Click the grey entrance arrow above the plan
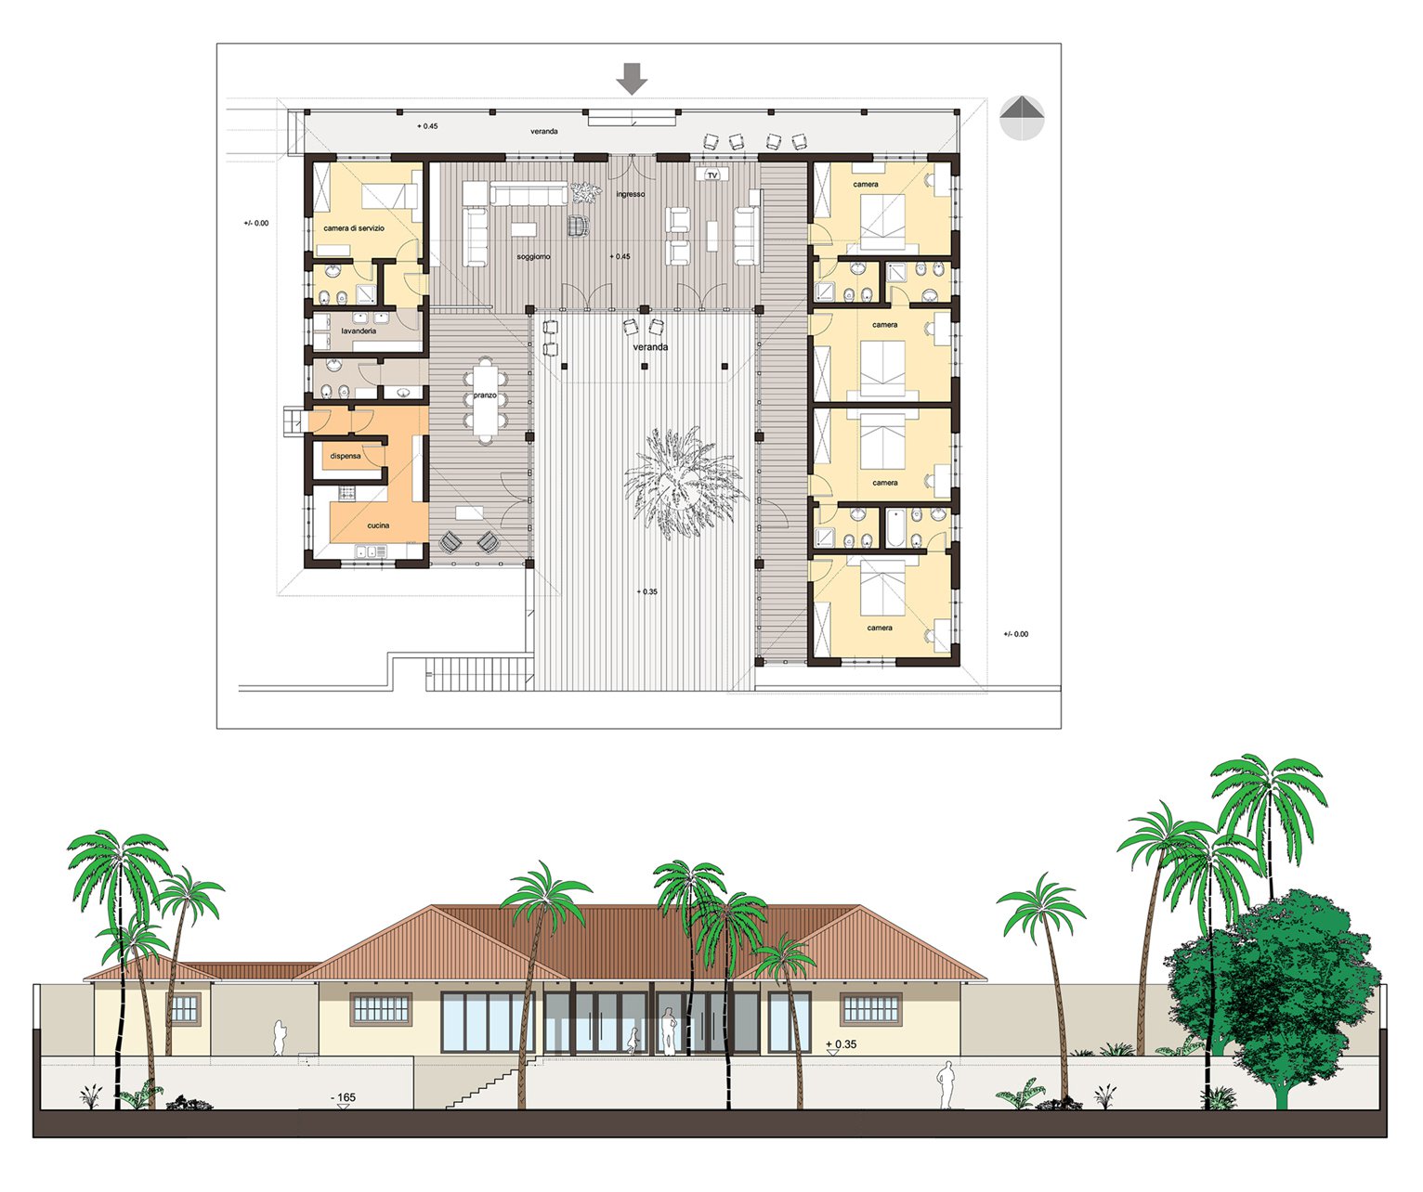coord(632,78)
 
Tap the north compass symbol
coord(1022,118)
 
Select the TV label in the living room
coord(712,175)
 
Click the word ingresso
coord(631,194)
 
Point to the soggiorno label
coord(533,257)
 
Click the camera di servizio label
coord(354,228)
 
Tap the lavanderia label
coord(359,331)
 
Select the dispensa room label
coord(346,456)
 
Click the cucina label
coord(378,525)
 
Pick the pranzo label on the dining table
coord(485,395)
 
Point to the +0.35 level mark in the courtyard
coord(646,591)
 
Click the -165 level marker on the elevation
coord(343,1097)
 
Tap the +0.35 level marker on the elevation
coord(841,1044)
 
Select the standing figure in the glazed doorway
coord(670,1031)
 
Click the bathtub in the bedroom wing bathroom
coord(894,528)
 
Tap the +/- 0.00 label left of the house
coord(256,223)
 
